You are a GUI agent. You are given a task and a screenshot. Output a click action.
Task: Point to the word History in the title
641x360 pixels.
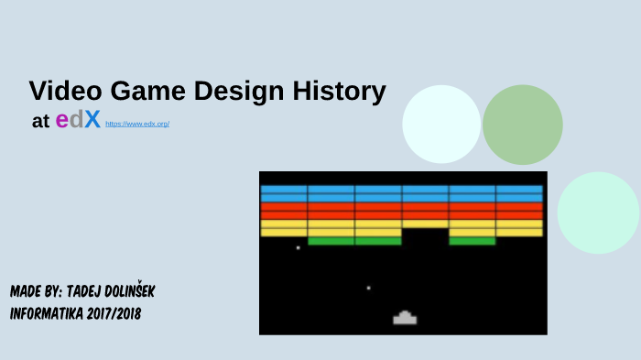click(x=339, y=92)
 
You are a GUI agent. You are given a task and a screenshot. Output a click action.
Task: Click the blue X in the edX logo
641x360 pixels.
click(x=92, y=121)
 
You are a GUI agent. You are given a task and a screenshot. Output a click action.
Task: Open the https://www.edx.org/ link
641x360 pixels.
click(x=137, y=124)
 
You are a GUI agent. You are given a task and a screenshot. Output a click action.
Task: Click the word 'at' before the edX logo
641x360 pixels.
click(x=40, y=122)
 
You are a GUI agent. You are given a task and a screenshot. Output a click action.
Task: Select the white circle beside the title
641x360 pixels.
click(x=441, y=124)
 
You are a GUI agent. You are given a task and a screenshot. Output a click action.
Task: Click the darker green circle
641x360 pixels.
click(x=522, y=125)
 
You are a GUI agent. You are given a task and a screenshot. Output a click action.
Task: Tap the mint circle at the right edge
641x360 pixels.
click(x=598, y=213)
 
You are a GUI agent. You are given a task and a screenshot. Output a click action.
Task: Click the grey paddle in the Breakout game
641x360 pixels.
click(x=405, y=318)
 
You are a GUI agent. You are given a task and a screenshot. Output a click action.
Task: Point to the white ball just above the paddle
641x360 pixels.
click(x=368, y=288)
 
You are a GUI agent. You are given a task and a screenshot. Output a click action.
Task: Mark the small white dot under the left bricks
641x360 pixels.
click(x=298, y=247)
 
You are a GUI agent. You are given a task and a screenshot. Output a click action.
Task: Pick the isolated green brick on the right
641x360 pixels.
click(x=472, y=241)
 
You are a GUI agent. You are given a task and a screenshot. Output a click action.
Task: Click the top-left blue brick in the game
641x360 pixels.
click(x=284, y=190)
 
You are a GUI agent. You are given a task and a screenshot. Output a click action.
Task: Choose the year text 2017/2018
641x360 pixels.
click(x=114, y=313)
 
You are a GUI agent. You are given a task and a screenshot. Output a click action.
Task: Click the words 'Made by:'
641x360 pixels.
click(x=37, y=291)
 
